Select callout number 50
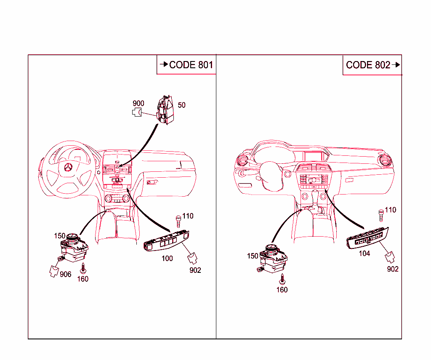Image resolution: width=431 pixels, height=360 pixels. click(181, 105)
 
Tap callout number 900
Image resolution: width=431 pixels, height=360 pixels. click(138, 104)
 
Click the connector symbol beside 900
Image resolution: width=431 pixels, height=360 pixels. click(137, 112)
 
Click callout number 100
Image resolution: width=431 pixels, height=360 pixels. click(167, 258)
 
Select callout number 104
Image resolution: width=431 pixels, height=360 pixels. click(364, 254)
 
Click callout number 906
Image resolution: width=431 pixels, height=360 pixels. click(65, 275)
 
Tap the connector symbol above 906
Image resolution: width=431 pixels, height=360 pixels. click(54, 270)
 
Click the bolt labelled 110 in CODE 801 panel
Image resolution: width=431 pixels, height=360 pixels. click(178, 220)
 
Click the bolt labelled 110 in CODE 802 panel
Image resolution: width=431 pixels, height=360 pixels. click(381, 214)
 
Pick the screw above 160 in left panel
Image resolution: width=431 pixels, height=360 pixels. click(84, 267)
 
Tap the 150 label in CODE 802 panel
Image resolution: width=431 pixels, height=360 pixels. click(253, 256)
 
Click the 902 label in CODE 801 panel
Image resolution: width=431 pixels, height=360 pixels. click(195, 270)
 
